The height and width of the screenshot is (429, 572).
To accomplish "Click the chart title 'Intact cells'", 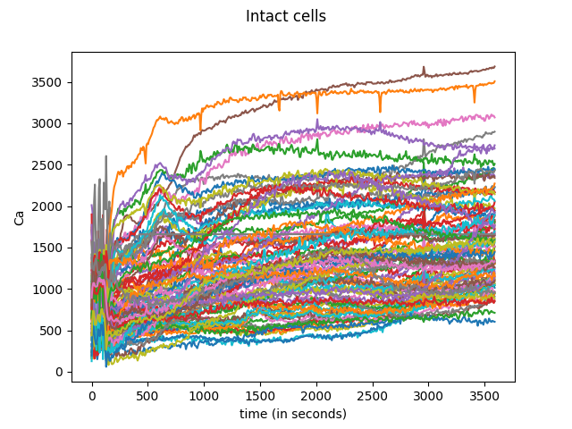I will coord(286,17).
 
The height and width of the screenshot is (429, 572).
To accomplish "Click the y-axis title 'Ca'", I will coord(20,218).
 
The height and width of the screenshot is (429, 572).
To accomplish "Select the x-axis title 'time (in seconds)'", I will coord(293,414).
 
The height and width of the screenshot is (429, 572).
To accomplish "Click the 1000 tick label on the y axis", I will coord(50,290).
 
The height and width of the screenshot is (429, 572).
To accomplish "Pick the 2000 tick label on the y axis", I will coord(50,206).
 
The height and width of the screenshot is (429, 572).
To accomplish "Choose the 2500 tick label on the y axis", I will coord(50,165).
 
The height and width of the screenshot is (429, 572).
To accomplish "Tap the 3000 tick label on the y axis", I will coord(50,123).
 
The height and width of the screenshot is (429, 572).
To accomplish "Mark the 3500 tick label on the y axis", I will coord(50,82).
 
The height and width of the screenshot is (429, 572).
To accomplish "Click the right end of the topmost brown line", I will coord(494,67).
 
